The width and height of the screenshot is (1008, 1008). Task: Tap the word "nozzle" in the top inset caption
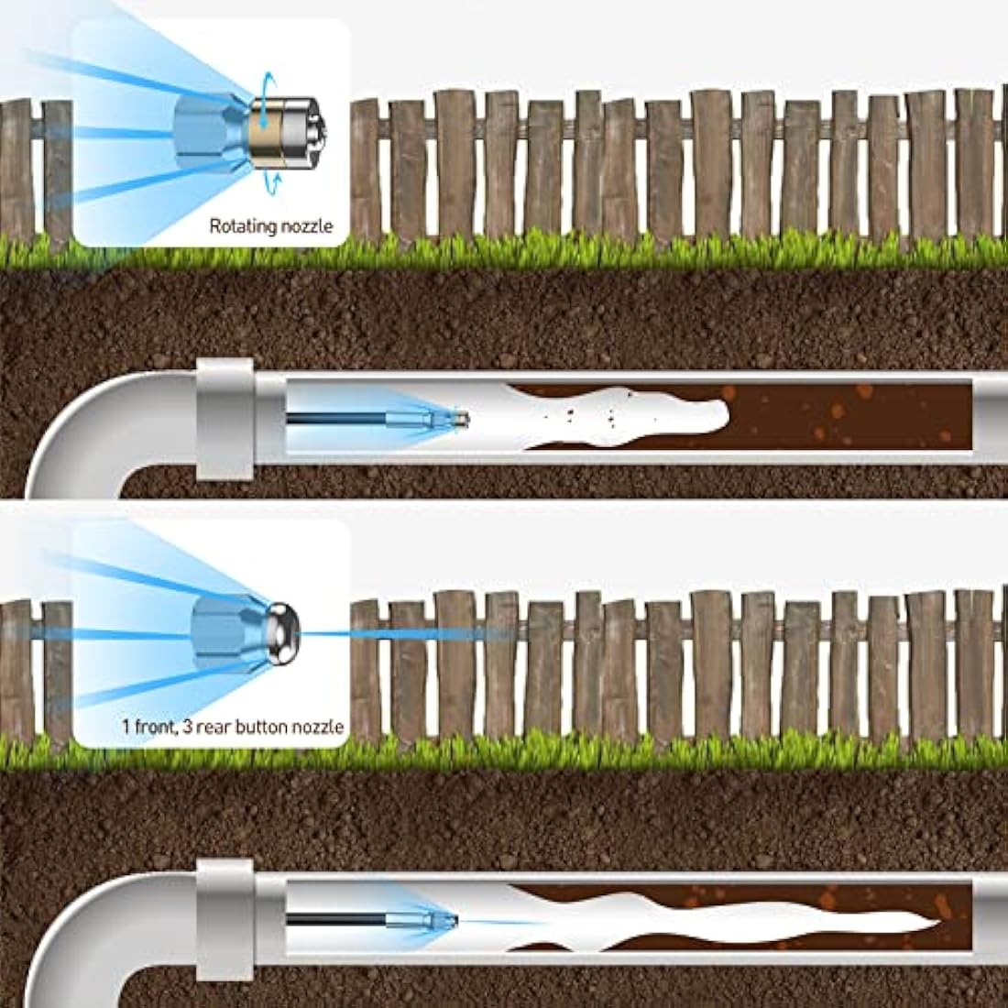coord(307,225)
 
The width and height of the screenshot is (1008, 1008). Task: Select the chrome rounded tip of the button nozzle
coord(283,634)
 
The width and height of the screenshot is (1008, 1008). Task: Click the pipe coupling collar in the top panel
coord(225,419)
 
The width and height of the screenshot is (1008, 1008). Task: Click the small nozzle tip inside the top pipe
coord(459,420)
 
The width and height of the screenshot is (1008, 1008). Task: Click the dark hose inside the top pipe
coord(335,419)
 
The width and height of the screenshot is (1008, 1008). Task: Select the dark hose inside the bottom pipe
coord(335,920)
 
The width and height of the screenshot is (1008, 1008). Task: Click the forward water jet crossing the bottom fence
coord(405,634)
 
